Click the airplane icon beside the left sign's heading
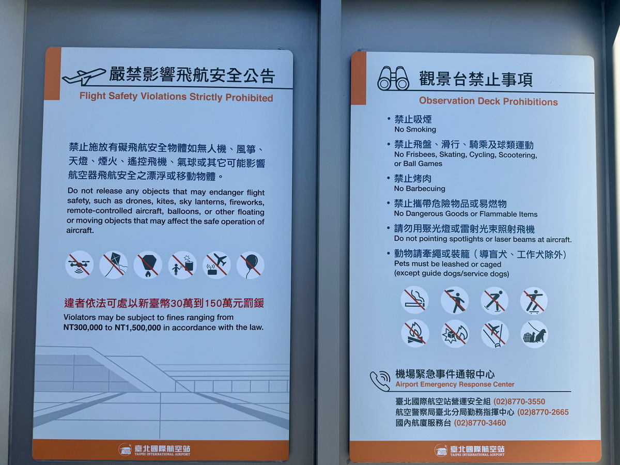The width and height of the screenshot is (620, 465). (84, 77)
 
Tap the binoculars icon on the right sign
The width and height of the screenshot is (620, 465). (393, 79)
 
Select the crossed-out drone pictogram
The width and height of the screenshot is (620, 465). (80, 265)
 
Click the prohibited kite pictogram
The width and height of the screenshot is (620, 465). (114, 265)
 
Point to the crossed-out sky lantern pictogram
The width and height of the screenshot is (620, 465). (148, 265)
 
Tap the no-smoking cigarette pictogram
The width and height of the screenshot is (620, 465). (415, 300)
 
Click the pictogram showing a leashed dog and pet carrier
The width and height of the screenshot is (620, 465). (534, 334)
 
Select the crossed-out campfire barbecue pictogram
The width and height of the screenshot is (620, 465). (415, 333)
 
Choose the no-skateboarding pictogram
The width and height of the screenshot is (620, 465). (534, 301)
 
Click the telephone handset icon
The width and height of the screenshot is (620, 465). (380, 381)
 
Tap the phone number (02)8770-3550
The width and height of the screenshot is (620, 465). (519, 401)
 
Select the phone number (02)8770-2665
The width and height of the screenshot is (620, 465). (543, 412)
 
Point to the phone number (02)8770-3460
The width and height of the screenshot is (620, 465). (479, 423)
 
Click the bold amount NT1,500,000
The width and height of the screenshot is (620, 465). (137, 328)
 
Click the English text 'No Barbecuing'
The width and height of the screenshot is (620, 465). (420, 189)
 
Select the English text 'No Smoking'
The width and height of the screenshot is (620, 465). (415, 129)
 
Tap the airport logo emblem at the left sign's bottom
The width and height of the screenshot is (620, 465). (125, 450)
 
